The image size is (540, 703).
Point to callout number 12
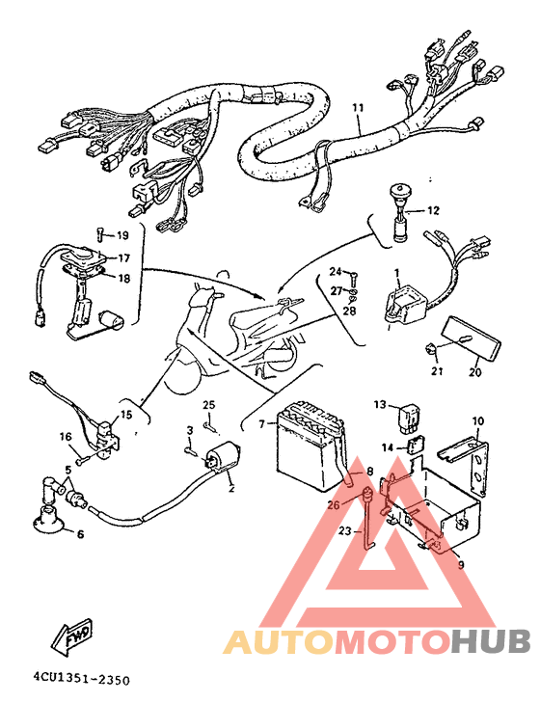pyautogui.click(x=433, y=209)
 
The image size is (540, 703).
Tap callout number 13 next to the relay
pyautogui.click(x=380, y=404)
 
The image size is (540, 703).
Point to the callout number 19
pyautogui.click(x=122, y=235)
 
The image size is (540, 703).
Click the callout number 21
pyautogui.click(x=436, y=371)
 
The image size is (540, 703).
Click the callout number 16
pyautogui.click(x=67, y=437)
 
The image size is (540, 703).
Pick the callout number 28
pyautogui.click(x=348, y=311)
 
